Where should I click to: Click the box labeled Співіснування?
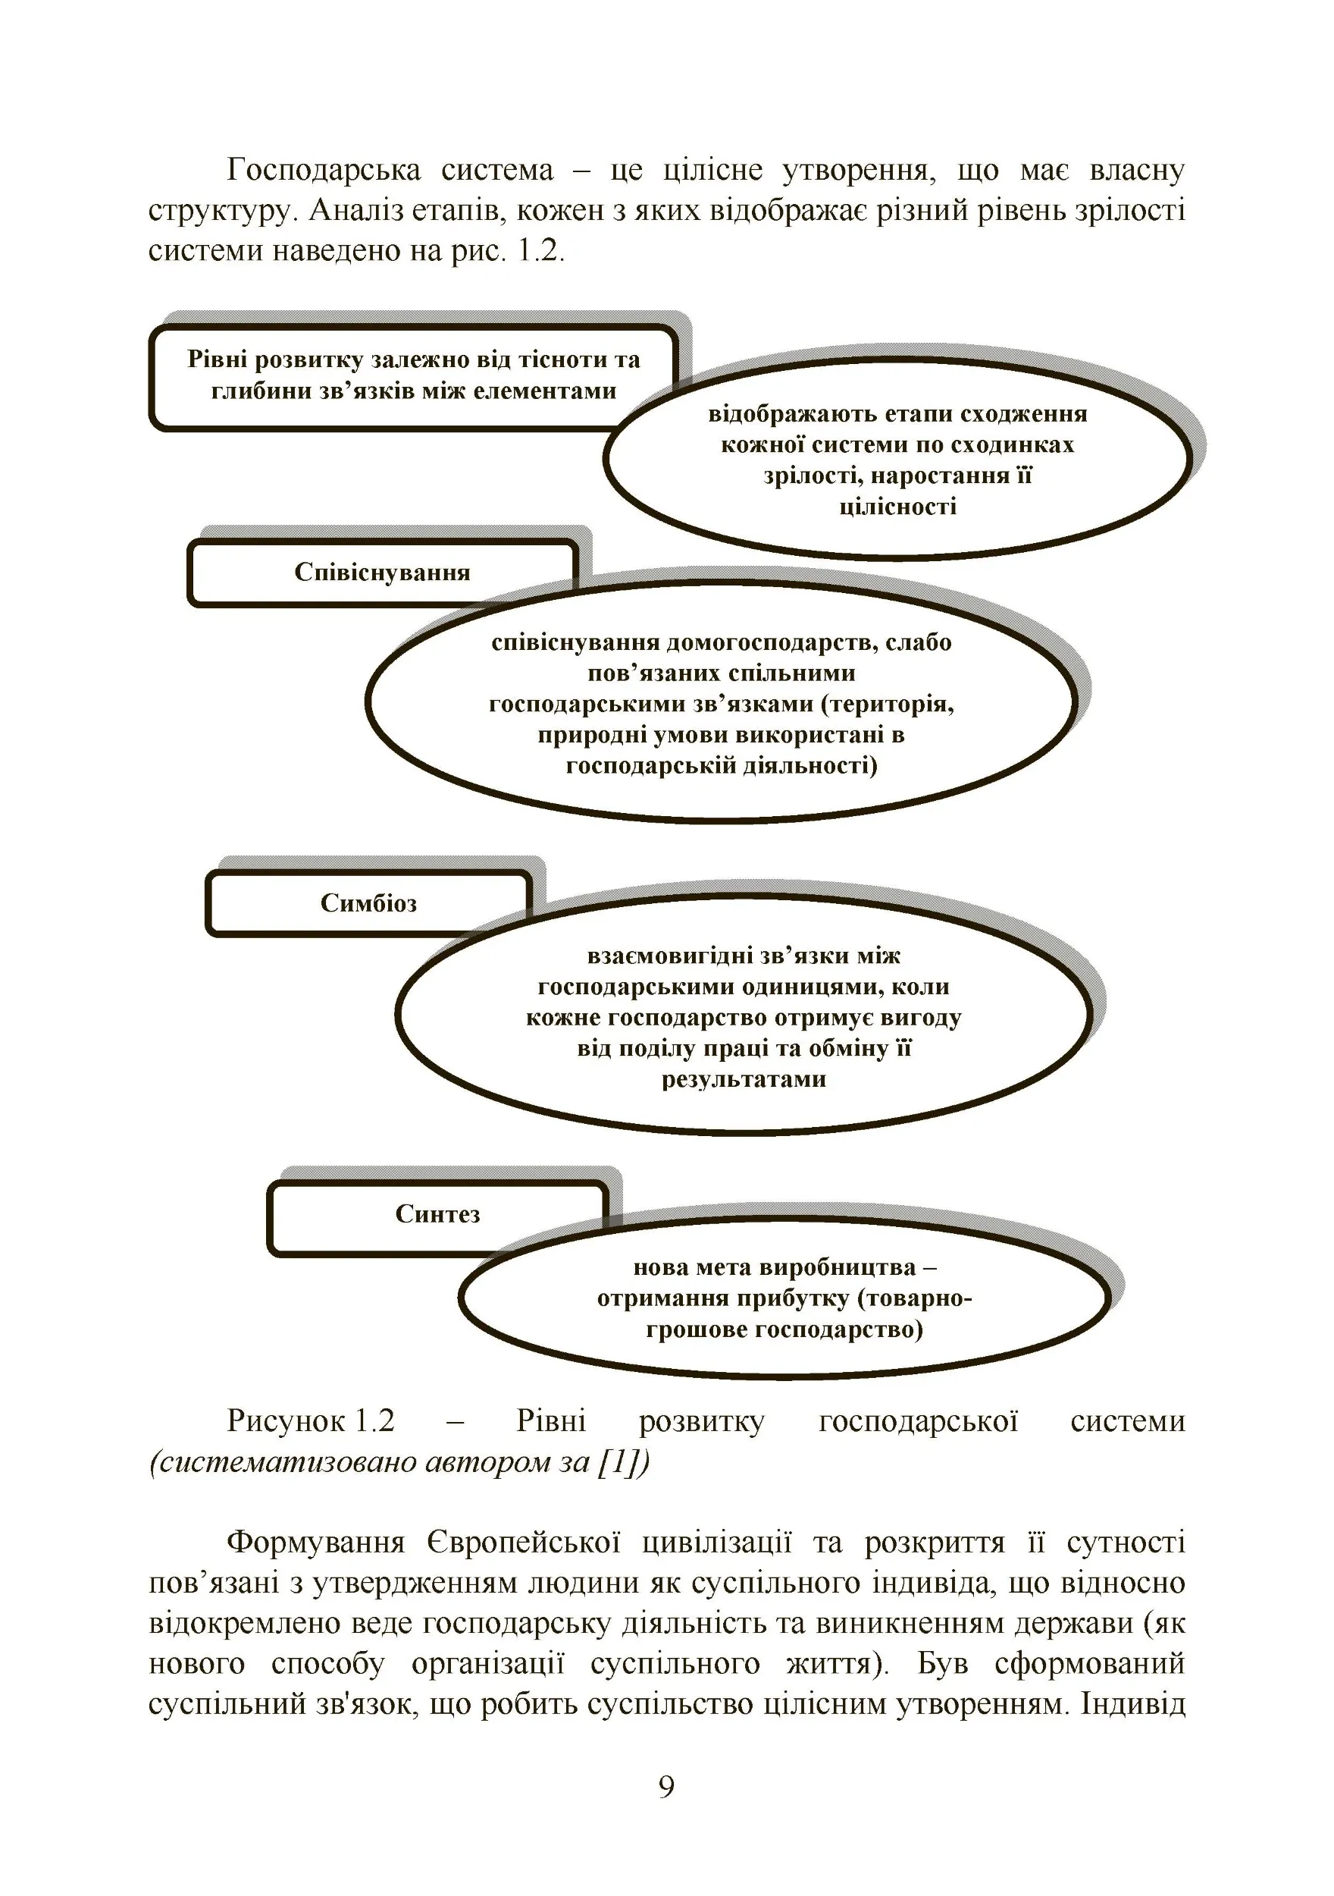tap(381, 573)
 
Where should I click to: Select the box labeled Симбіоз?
tap(368, 902)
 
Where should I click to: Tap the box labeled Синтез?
tap(437, 1214)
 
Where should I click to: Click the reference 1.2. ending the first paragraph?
tap(540, 250)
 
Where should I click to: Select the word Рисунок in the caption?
tap(286, 1420)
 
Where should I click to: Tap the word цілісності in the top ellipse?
tap(897, 506)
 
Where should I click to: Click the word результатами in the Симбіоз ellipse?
tap(744, 1078)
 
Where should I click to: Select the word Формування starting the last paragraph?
tap(315, 1543)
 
